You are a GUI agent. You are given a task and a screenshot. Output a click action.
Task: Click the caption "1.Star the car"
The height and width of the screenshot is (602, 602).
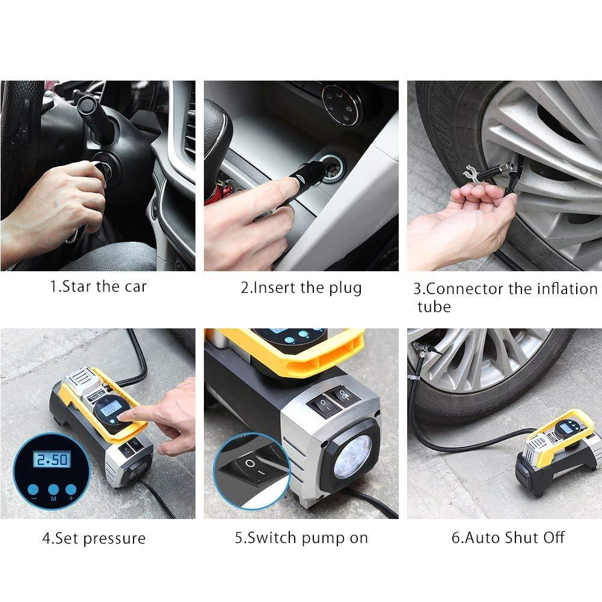pos(98,286)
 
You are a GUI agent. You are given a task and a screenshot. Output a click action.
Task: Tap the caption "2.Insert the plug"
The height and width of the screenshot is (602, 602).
pos(301,288)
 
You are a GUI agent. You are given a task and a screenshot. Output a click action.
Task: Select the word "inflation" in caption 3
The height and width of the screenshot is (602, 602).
pos(567,289)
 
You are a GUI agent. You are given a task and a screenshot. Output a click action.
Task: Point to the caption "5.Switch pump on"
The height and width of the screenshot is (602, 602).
pos(301,538)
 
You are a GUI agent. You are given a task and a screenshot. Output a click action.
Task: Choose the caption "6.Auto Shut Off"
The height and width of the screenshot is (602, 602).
pos(508,538)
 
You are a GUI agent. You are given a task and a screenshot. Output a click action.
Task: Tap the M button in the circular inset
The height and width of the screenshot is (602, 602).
pos(54,490)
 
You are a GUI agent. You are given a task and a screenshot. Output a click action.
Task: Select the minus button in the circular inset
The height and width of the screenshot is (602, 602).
pos(33,490)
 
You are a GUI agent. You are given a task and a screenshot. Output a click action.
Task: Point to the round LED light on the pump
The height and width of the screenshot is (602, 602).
pos(352,457)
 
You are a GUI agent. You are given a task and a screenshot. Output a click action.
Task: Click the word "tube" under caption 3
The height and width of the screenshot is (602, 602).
pos(434,307)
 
